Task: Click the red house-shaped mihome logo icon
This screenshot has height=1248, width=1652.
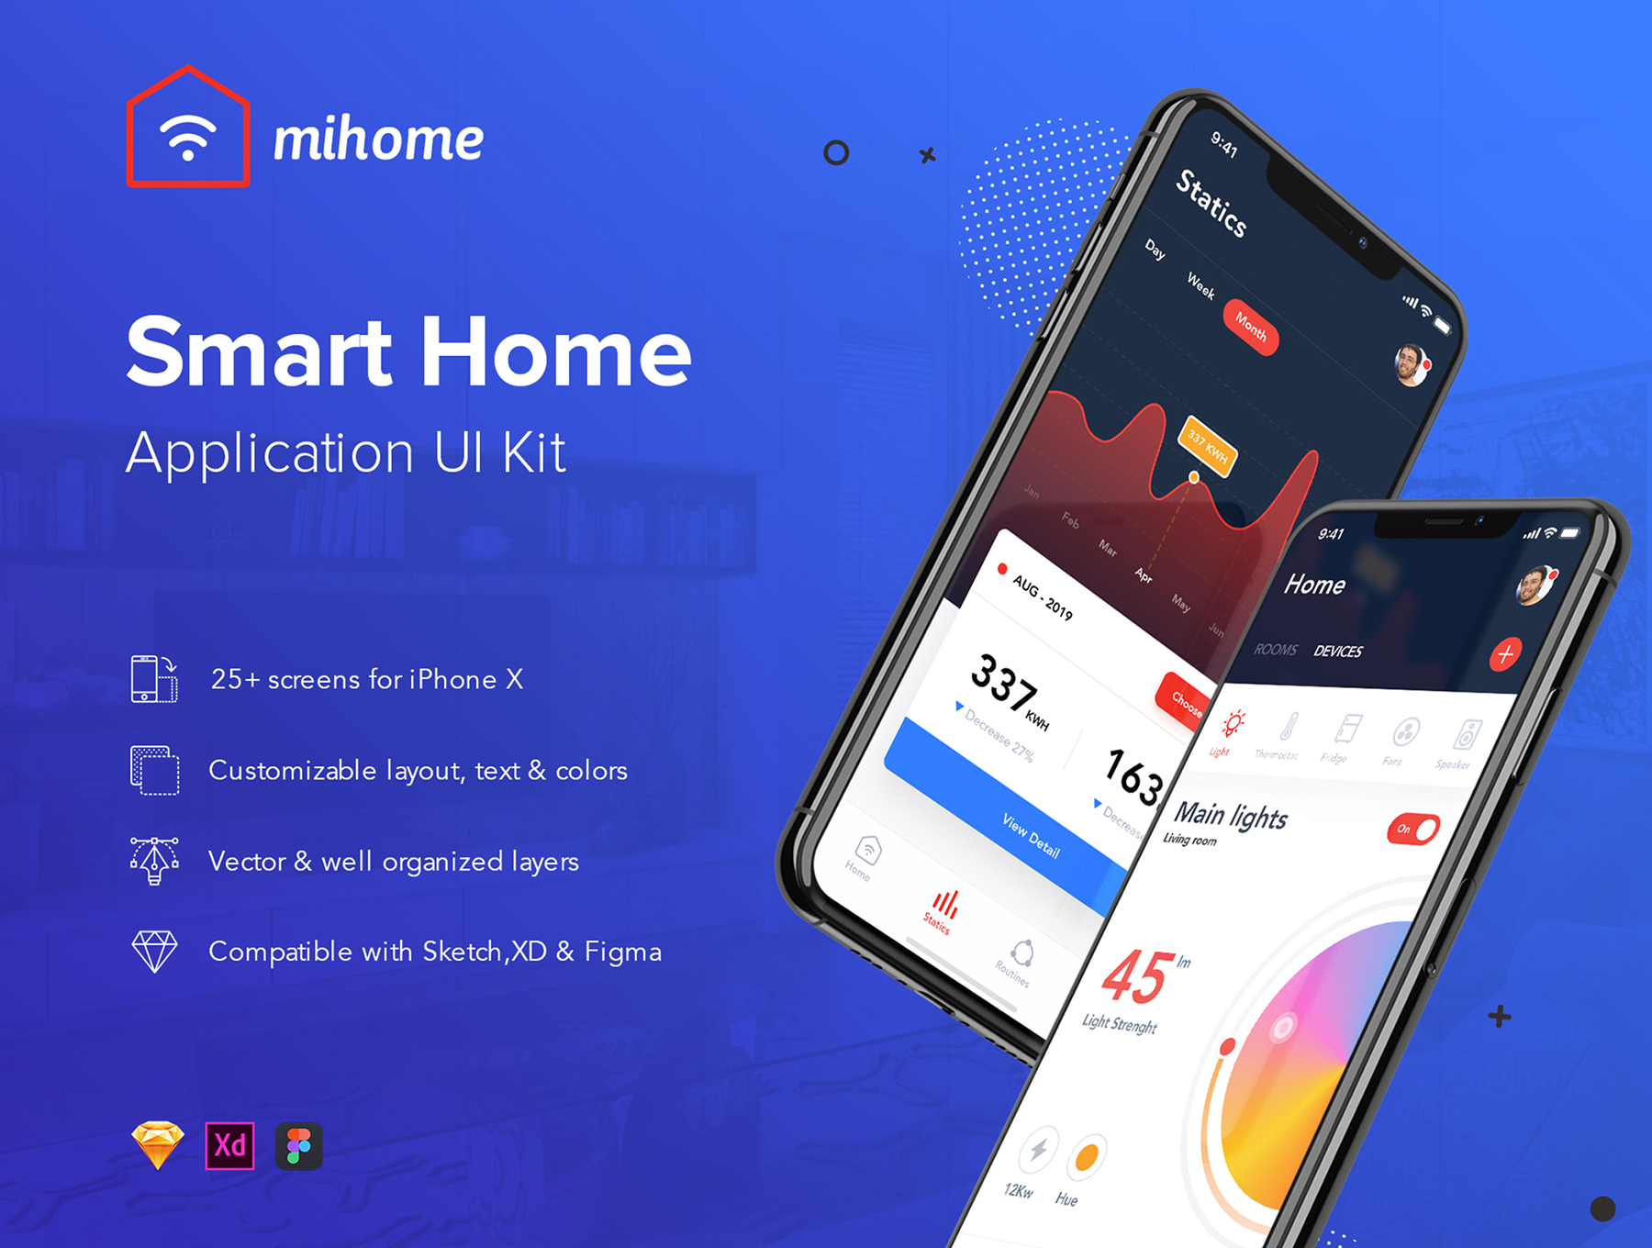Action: [188, 129]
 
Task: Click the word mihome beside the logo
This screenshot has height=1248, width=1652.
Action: [378, 140]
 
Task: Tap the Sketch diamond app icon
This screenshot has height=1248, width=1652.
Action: [158, 1145]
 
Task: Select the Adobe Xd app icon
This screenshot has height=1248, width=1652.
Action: [229, 1145]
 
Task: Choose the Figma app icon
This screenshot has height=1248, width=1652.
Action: [298, 1145]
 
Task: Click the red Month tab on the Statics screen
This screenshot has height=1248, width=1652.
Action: [1250, 327]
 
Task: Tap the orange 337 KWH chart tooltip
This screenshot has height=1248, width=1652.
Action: [1208, 446]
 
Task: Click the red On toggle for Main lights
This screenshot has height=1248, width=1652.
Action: [1413, 829]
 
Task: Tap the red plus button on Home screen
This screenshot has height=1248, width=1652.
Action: [1504, 654]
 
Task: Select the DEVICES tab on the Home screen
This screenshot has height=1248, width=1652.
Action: [1337, 652]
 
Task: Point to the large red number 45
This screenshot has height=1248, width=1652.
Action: [1137, 976]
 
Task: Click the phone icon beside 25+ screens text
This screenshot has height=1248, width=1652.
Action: [153, 679]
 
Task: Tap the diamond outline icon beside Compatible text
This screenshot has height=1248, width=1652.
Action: [154, 951]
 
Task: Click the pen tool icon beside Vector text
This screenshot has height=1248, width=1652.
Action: [154, 860]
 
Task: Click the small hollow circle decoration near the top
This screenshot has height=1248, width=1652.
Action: [836, 152]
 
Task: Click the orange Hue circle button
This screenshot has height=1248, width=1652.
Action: [1087, 1157]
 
